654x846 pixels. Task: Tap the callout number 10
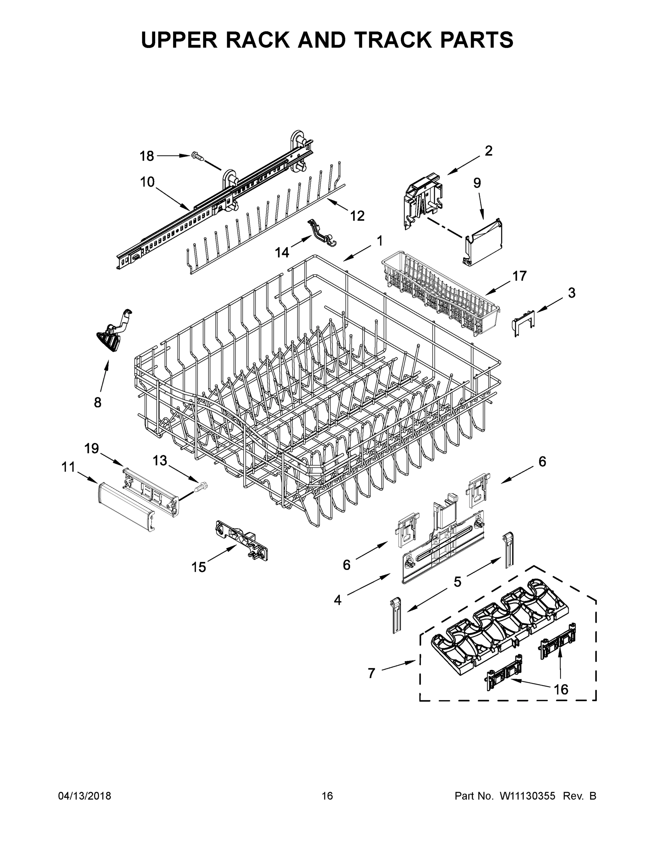tap(147, 182)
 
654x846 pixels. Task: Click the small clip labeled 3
tap(523, 321)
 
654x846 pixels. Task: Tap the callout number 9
tap(477, 183)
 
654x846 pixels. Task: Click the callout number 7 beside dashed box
tap(371, 673)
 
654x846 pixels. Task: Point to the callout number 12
tap(357, 216)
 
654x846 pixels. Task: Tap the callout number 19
tap(92, 449)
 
